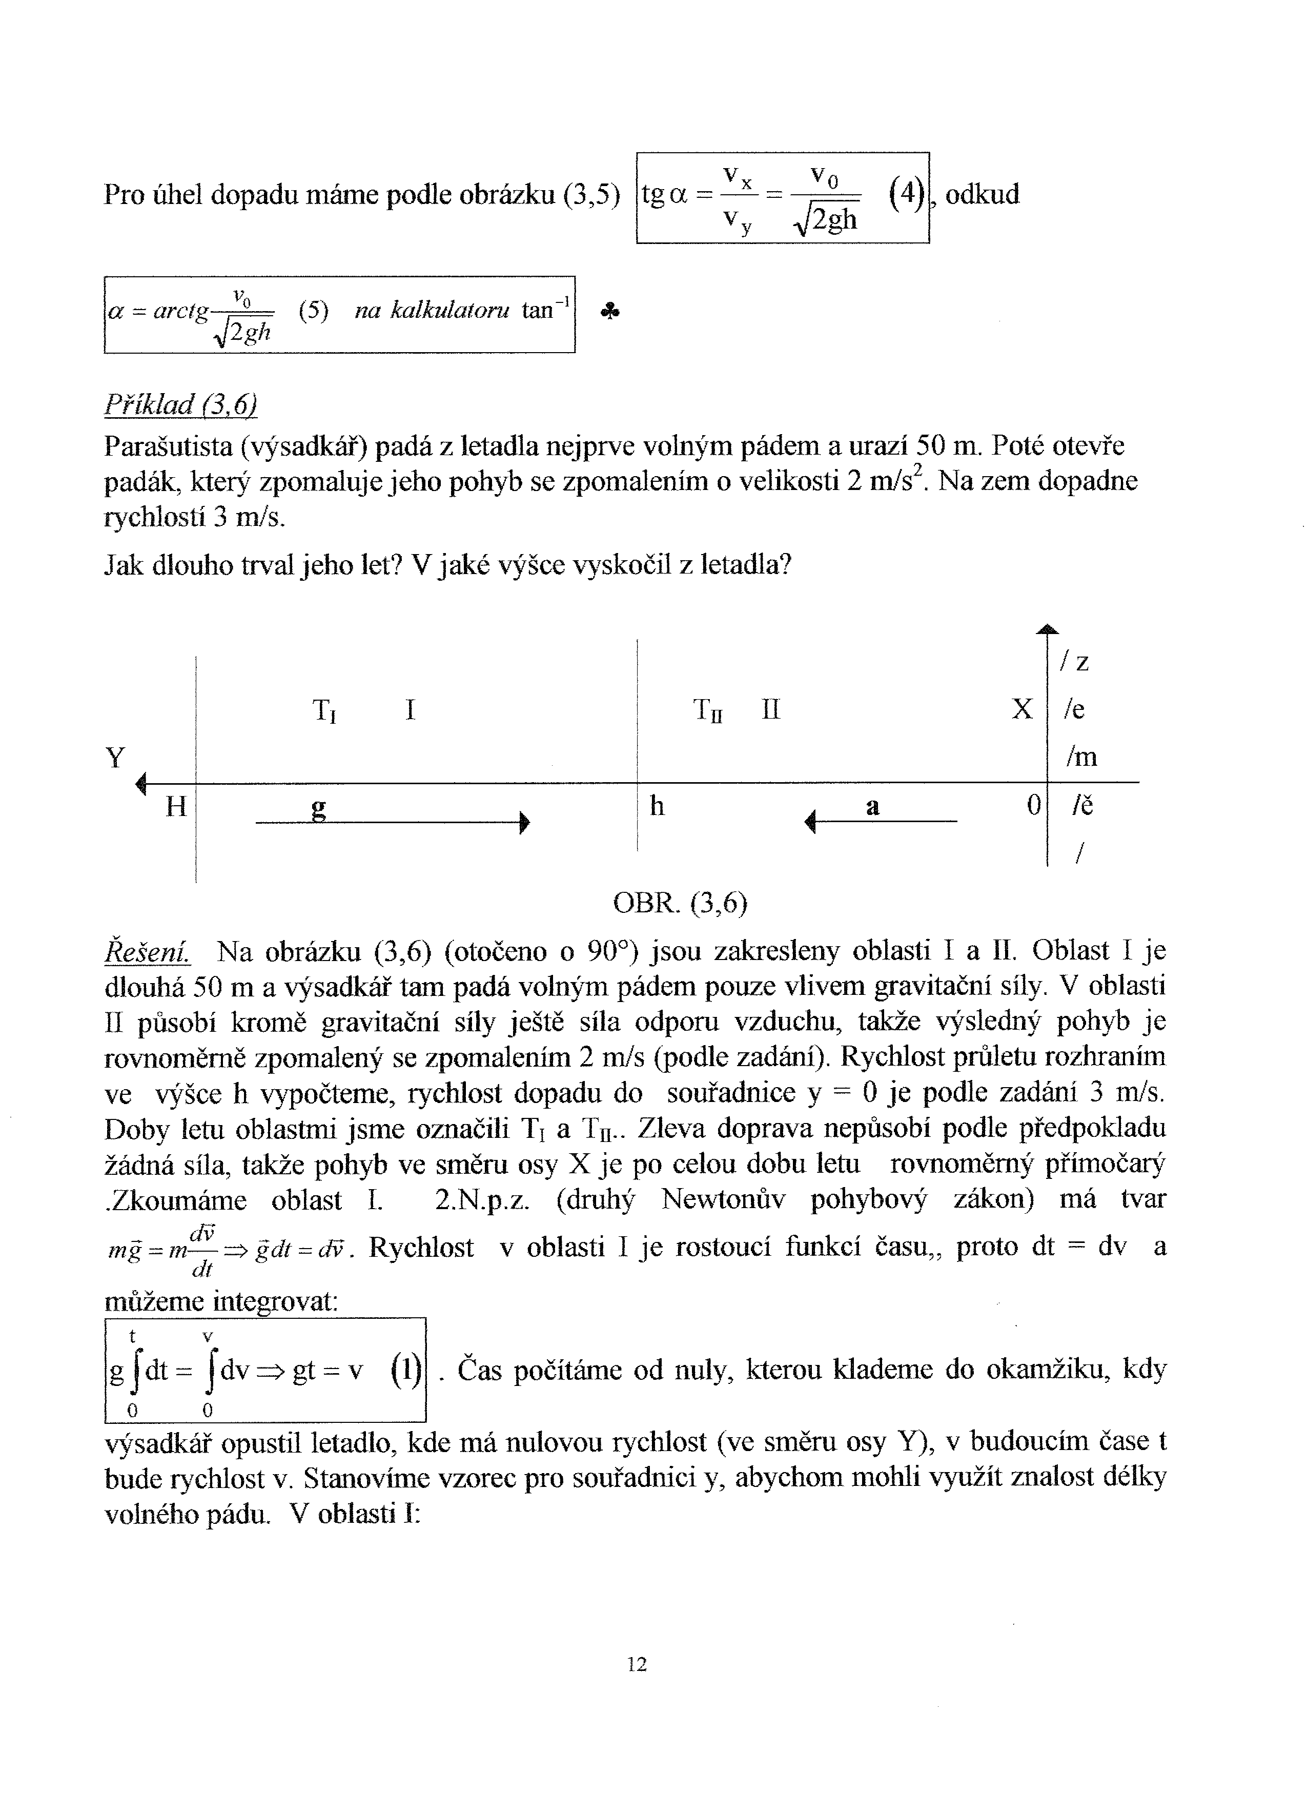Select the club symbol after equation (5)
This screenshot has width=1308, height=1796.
pyautogui.click(x=609, y=312)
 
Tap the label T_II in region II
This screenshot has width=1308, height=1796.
pyautogui.click(x=708, y=710)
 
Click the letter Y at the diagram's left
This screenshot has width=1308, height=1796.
pyautogui.click(x=116, y=759)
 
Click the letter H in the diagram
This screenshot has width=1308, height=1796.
pyautogui.click(x=176, y=807)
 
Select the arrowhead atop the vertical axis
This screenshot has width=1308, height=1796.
pyautogui.click(x=1048, y=629)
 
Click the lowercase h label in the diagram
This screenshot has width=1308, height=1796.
pyautogui.click(x=657, y=806)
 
